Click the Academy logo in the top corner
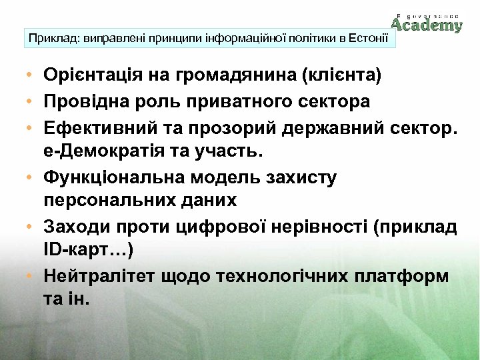tap(427, 23)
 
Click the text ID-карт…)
tap(87, 251)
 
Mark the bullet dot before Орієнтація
tap(31, 75)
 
